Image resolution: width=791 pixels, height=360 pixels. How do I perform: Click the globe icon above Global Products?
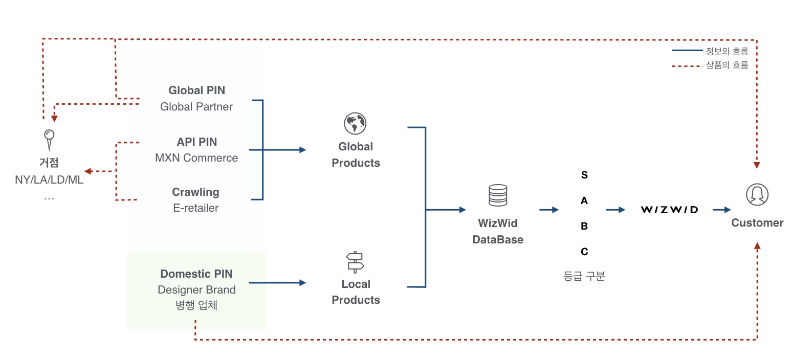click(355, 123)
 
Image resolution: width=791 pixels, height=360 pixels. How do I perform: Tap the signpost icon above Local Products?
click(355, 261)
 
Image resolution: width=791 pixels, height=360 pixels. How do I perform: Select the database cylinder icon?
click(498, 196)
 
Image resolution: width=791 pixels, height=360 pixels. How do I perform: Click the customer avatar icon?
click(757, 195)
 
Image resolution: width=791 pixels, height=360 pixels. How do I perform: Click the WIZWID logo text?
click(669, 210)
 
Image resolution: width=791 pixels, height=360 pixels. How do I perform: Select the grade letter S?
click(584, 175)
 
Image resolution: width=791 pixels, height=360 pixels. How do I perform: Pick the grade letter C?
click(584, 252)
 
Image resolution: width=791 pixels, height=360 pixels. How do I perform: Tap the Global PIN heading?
click(196, 91)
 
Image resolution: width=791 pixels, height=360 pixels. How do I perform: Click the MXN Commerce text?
click(196, 158)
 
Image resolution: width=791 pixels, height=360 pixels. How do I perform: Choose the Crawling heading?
click(195, 192)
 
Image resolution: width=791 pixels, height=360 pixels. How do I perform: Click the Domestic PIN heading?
click(196, 274)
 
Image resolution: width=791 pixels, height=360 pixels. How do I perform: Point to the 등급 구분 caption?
click(584, 277)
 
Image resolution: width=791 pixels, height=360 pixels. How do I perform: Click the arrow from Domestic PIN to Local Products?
click(277, 282)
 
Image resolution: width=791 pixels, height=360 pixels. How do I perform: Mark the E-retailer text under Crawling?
click(196, 208)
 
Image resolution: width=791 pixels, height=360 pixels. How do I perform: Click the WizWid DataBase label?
click(498, 231)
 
